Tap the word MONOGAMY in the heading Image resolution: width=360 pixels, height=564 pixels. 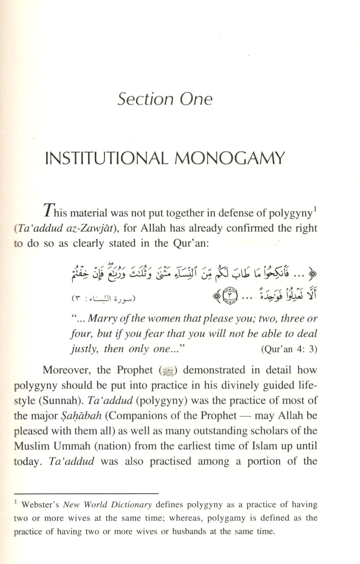(x=229, y=158)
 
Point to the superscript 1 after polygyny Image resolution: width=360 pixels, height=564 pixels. (x=315, y=210)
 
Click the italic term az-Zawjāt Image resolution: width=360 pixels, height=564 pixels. (x=98, y=229)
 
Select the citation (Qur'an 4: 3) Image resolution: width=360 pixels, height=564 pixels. (x=289, y=349)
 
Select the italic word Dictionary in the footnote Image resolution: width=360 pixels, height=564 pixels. (x=133, y=505)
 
